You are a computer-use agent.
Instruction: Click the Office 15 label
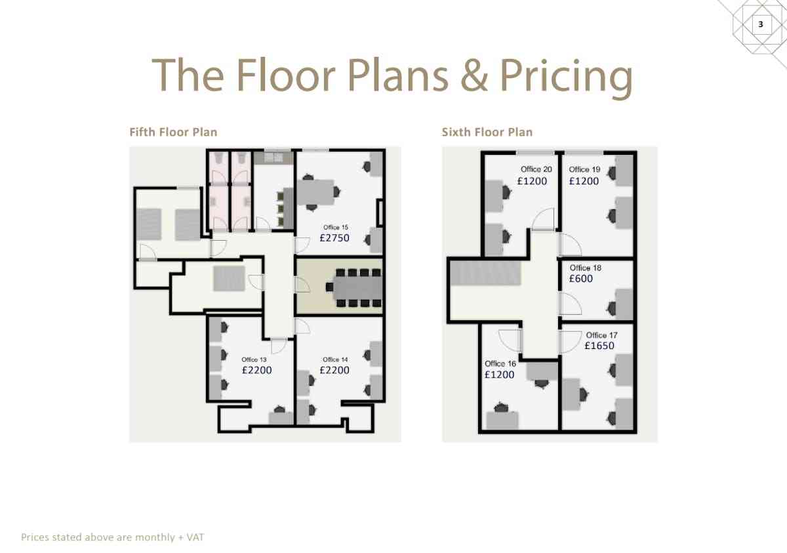click(x=336, y=228)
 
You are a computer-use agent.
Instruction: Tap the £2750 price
click(x=334, y=238)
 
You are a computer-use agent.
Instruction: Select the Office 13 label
click(x=254, y=359)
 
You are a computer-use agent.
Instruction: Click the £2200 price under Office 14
click(x=334, y=370)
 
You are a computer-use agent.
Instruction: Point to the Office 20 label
click(x=536, y=169)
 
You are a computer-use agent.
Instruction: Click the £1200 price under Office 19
click(x=584, y=181)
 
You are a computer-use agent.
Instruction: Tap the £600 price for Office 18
click(x=581, y=278)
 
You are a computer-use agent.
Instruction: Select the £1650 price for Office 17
click(x=599, y=345)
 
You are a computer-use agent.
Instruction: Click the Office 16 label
click(x=500, y=363)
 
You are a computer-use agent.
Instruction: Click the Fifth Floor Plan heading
click(x=173, y=132)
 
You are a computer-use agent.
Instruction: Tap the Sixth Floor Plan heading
click(x=487, y=132)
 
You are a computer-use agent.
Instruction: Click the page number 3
click(x=761, y=24)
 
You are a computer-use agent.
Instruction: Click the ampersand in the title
click(x=474, y=75)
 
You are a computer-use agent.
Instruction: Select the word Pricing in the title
click(x=566, y=78)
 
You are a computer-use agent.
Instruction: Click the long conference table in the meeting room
click(x=357, y=288)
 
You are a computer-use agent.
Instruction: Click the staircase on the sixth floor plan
click(x=485, y=273)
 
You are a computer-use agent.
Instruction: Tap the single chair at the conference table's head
click(x=329, y=287)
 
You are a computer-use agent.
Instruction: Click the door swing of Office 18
click(x=571, y=304)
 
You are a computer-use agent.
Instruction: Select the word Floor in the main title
click(x=286, y=75)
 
